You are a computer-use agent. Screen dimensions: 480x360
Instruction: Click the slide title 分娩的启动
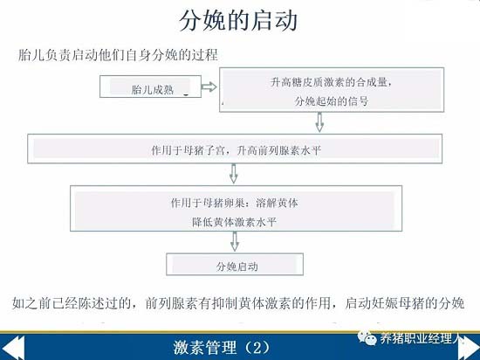238,20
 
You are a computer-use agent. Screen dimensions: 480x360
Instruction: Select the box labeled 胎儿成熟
150,87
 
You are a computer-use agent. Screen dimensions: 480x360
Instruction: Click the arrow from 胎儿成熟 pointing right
209,87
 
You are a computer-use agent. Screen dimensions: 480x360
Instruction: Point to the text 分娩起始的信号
332,101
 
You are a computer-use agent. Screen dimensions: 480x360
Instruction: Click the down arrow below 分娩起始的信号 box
319,122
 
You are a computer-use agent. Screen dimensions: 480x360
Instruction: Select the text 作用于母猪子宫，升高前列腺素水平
236,151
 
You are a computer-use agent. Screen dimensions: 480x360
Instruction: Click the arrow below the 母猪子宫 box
234,174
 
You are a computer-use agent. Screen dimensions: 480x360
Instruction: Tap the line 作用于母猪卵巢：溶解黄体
234,203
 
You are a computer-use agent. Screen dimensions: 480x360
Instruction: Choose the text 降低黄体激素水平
234,222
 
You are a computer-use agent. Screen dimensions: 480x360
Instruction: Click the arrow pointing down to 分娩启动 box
235,241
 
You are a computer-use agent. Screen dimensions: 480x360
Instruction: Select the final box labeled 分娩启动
235,264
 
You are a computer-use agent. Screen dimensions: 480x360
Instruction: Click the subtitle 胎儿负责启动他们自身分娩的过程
118,55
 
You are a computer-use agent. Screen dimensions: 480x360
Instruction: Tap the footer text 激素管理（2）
222,348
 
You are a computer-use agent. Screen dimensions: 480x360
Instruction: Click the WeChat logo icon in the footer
367,338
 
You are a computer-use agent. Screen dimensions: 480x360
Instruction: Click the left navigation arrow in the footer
12,348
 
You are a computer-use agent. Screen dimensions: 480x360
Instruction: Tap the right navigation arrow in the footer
469,348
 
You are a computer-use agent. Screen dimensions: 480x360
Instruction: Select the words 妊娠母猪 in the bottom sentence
398,303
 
